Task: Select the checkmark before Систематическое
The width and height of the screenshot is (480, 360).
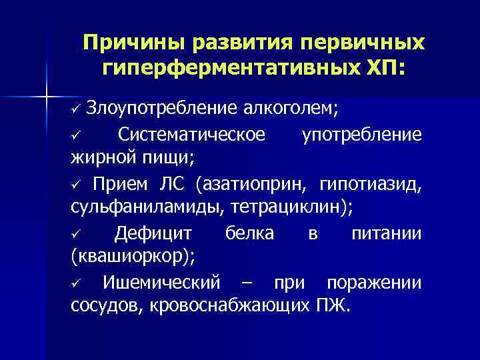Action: click(x=75, y=137)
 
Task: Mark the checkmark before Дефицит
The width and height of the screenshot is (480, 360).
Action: click(x=75, y=235)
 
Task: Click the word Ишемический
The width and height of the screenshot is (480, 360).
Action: click(x=161, y=283)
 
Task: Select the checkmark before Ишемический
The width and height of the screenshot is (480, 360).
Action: click(x=75, y=283)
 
